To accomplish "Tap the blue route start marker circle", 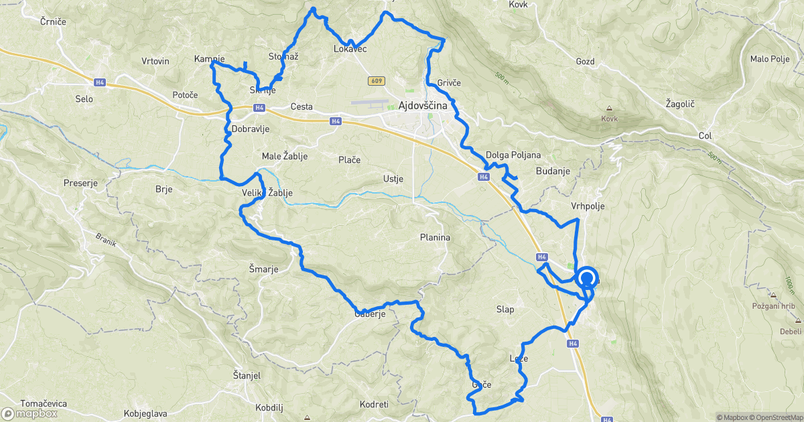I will (587, 278).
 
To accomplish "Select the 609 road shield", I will (375, 80).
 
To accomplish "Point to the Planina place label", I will (435, 237).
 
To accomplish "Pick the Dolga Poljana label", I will (513, 155).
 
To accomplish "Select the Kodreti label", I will (374, 405).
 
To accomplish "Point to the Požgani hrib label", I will (773, 305).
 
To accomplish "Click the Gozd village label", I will (585, 61).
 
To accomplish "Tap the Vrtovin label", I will (155, 61).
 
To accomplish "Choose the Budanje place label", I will (553, 171).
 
